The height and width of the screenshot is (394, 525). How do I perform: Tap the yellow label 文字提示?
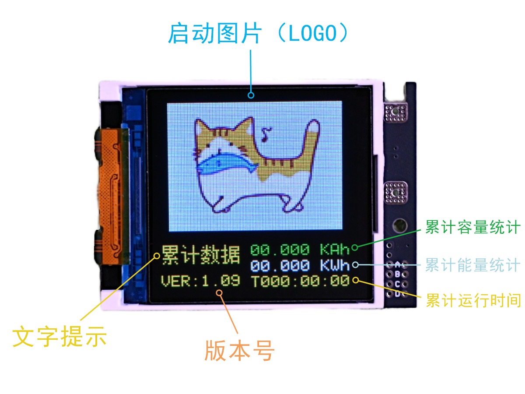pos(59,337)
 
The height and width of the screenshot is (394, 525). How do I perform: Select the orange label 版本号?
pos(239,351)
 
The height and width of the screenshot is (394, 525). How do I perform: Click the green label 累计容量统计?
pos(472,227)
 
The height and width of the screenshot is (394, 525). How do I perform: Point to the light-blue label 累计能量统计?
pos(472,265)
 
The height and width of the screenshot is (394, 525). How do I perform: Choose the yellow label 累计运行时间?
pos(473,300)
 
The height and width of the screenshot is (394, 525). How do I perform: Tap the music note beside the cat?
pos(266,134)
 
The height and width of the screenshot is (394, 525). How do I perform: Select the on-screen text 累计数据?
pos(200,255)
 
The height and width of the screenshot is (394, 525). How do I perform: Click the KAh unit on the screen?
pos(335,250)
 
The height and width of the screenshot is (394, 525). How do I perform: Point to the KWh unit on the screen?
pos(335,265)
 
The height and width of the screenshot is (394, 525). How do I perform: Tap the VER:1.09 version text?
pos(200,281)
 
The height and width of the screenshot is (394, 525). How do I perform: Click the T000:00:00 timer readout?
pos(301,281)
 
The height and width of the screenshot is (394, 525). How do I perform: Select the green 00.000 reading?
pos(280,250)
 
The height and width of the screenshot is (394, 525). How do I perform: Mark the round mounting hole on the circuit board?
pos(400,225)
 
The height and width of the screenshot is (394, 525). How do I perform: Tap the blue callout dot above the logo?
pos(251,95)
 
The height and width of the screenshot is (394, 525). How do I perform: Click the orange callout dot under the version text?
pos(219,293)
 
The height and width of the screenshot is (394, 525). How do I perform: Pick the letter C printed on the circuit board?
pos(397,284)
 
